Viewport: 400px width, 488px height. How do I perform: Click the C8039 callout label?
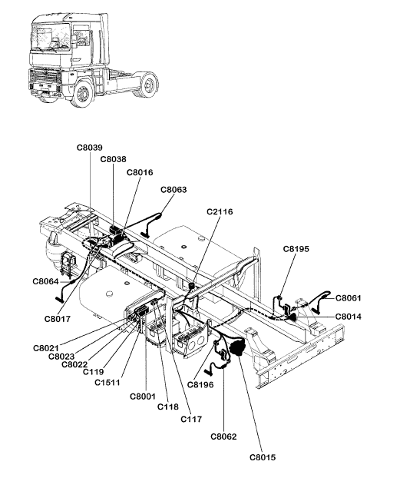(x=90, y=148)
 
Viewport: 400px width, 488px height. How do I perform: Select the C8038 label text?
(x=113, y=159)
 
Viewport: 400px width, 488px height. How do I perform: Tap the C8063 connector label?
(x=174, y=190)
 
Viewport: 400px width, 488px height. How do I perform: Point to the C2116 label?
(x=220, y=211)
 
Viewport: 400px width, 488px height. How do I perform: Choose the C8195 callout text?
(x=296, y=249)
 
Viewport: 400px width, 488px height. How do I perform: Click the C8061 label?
(x=349, y=298)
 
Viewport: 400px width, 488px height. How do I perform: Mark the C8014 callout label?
(x=349, y=317)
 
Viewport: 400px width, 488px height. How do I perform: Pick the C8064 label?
(x=45, y=281)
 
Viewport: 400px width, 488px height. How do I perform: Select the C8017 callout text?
(x=58, y=319)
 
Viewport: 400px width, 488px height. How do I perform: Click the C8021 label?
(x=46, y=348)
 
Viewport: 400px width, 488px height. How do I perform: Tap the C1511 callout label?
(x=107, y=382)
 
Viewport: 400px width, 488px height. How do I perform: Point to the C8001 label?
(x=143, y=397)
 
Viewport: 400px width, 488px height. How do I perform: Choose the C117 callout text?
(x=191, y=419)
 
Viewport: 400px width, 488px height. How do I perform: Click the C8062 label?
(x=223, y=437)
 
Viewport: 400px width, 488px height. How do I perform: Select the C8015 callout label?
(x=263, y=457)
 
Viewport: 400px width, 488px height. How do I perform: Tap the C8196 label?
(x=200, y=385)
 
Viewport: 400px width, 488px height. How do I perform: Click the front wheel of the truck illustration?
(x=82, y=93)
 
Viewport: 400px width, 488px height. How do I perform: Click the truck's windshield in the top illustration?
(x=50, y=38)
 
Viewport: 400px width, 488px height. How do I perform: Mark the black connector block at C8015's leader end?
(x=237, y=347)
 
